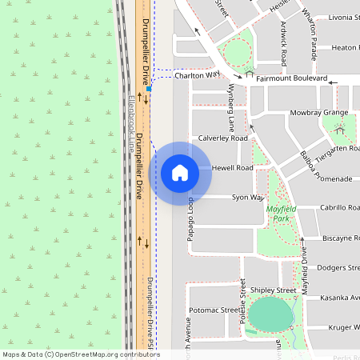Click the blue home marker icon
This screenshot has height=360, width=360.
(180, 173)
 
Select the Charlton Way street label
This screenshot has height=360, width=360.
(197, 74)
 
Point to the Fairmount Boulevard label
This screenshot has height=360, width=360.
(291, 79)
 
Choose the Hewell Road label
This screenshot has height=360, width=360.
(233, 168)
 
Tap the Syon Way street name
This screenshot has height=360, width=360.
(247, 197)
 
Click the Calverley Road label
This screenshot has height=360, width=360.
(223, 138)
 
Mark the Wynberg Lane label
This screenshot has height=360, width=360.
(232, 106)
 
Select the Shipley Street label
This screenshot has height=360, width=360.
(273, 290)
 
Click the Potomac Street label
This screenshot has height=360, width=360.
(214, 310)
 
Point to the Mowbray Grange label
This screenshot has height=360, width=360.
(319, 113)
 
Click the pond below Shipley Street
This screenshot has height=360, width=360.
(270, 314)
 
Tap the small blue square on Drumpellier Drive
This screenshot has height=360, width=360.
(150, 89)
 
